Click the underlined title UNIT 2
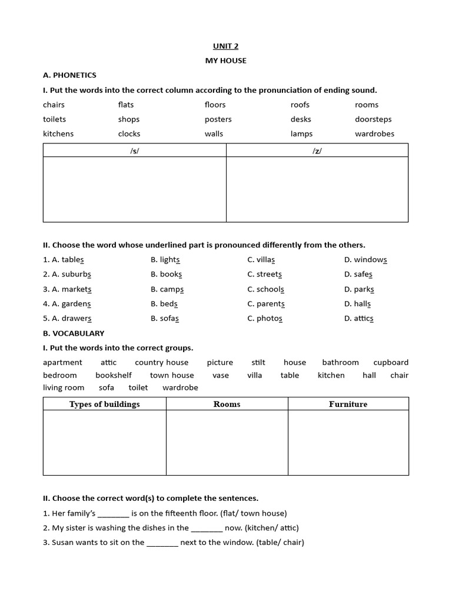pyautogui.click(x=225, y=46)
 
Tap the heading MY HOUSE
pyautogui.click(x=225, y=61)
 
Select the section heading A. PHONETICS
pyautogui.click(x=69, y=75)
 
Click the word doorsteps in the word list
pyautogui.click(x=373, y=119)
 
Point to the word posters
pyautogui.click(x=218, y=119)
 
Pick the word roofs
pyautogui.click(x=300, y=105)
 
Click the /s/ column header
pyautogui.click(x=135, y=151)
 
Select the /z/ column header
pyautogui.click(x=317, y=151)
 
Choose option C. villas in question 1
pyautogui.click(x=261, y=260)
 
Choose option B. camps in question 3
pyautogui.click(x=167, y=289)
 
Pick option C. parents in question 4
pyautogui.click(x=266, y=304)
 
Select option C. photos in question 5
pyautogui.click(x=265, y=319)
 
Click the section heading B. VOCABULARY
pyautogui.click(x=74, y=333)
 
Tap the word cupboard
pyautogui.click(x=391, y=363)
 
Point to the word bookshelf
pyautogui.click(x=114, y=375)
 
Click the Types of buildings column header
pyautogui.click(x=105, y=404)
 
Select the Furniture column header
pyautogui.click(x=348, y=404)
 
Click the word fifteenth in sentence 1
pyautogui.click(x=180, y=513)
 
